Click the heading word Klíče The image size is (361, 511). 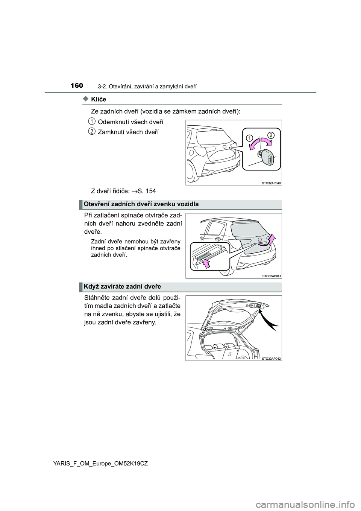click(99, 99)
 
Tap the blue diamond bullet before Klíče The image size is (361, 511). click(85, 99)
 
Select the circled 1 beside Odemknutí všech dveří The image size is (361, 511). click(91, 121)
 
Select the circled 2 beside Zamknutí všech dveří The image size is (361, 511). click(91, 131)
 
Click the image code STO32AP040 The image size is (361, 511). click(272, 183)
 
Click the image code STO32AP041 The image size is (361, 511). click(272, 276)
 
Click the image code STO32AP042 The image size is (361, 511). click(272, 358)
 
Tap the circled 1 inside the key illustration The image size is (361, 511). click(249, 138)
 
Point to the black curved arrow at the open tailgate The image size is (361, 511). click(272, 320)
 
